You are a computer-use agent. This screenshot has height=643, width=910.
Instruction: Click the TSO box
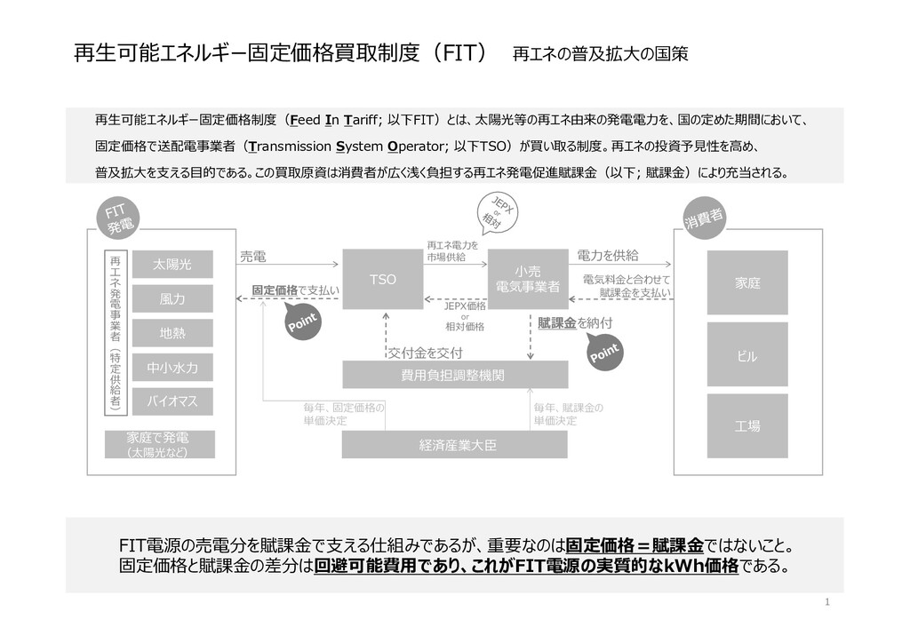tap(382, 279)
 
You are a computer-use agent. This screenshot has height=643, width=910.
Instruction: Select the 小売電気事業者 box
tap(528, 279)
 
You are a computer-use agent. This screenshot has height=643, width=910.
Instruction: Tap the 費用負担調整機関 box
tap(454, 375)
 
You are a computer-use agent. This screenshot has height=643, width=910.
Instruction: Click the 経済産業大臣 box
tap(454, 444)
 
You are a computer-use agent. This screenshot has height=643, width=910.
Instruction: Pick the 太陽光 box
tap(172, 264)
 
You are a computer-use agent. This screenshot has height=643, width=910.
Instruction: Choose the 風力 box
tap(172, 299)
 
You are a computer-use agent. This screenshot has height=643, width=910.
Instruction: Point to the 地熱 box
tap(172, 333)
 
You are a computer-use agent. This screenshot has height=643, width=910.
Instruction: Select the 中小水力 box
tap(172, 367)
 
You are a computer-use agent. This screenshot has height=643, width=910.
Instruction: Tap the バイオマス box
tap(172, 401)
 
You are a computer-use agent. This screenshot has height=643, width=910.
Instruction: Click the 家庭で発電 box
tap(157, 444)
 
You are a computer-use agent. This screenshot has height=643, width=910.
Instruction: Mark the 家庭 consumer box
tap(746, 282)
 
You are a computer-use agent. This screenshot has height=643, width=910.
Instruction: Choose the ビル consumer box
tap(746, 355)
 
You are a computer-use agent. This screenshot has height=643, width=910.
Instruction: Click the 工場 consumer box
tap(746, 426)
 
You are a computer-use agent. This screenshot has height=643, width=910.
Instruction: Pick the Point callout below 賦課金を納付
tap(604, 352)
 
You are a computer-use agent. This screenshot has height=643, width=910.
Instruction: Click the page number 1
tap(827, 603)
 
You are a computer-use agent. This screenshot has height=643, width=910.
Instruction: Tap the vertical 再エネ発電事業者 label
tap(115, 333)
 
